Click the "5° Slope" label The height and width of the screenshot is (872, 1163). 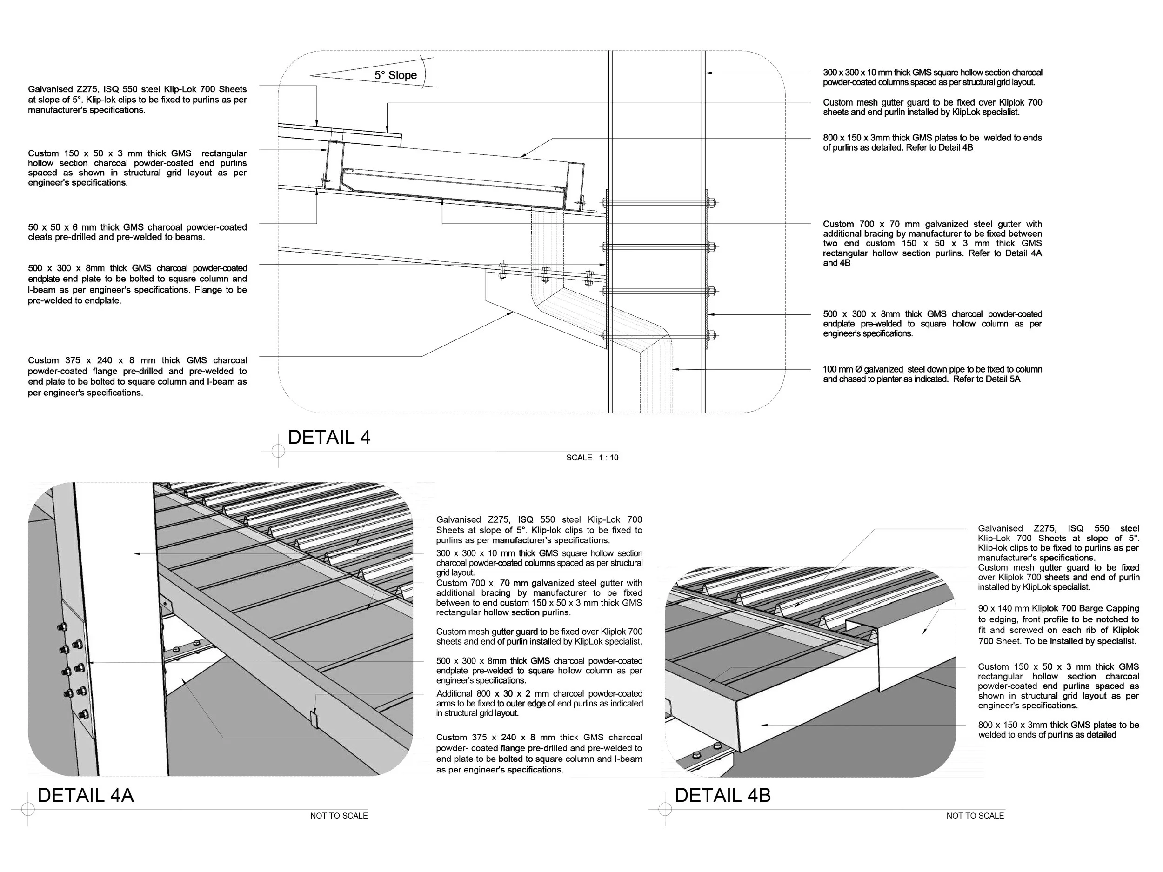395,75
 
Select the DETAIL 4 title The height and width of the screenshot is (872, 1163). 329,437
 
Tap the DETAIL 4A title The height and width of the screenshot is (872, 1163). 86,795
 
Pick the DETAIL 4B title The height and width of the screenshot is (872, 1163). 722,795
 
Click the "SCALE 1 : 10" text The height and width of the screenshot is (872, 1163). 592,458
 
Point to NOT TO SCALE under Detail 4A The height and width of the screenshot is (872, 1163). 339,816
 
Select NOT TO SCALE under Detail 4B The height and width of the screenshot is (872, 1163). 975,816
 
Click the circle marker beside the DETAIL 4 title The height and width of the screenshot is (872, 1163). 278,451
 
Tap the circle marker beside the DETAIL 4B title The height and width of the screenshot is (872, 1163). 665,809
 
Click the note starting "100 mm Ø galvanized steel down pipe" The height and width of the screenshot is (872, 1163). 932,374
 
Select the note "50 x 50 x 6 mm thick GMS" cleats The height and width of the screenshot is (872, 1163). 137,232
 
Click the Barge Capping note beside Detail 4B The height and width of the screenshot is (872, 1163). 1058,625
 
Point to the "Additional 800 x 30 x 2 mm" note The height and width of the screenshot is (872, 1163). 539,703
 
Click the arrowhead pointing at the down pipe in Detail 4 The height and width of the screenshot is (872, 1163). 675,370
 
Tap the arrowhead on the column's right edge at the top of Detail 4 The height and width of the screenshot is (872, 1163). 708,73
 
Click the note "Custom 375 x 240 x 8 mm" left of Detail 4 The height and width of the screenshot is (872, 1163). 137,376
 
